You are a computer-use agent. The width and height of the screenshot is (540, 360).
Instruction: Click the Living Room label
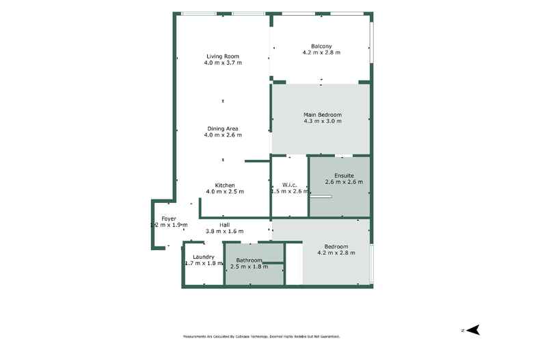223,56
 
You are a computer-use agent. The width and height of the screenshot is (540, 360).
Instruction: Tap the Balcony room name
321,46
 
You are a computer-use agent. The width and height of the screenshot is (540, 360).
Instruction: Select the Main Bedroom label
322,114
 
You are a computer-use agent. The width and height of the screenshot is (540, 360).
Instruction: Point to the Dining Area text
223,128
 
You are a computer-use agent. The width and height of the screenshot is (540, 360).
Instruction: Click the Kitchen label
225,185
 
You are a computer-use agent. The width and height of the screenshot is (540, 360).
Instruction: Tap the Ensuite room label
344,176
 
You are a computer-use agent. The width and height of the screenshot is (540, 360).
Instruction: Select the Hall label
224,225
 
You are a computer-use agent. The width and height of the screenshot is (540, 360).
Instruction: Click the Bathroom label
249,260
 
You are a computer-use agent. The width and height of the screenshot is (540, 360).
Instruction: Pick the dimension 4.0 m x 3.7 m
223,63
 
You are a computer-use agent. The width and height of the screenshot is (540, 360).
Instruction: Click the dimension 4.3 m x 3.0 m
322,121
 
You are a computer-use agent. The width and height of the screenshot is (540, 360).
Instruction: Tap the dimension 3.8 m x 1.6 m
224,231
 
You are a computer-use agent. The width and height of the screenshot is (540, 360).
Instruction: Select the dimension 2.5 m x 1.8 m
249,266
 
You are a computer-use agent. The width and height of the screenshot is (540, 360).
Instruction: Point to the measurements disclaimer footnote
261,337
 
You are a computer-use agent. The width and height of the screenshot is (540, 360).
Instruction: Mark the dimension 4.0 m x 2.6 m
223,135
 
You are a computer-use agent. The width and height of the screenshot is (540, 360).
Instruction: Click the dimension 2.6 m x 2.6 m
344,182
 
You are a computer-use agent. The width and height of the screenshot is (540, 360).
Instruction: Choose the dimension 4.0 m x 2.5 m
225,192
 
